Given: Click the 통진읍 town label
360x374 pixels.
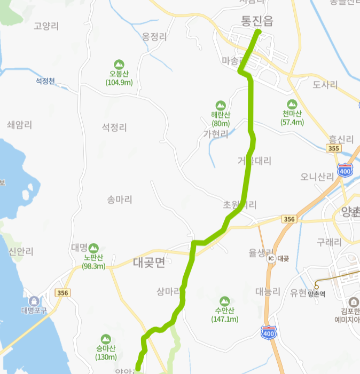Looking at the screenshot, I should [257, 21].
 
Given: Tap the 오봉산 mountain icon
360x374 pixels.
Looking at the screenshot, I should [119, 64].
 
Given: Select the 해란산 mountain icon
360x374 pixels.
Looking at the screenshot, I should [220, 105].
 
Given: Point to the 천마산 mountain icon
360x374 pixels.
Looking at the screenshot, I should [292, 104].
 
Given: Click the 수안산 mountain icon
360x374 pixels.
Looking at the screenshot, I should [224, 301].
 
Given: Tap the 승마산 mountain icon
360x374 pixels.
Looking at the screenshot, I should [106, 339].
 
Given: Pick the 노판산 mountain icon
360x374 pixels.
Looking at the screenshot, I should [94, 248].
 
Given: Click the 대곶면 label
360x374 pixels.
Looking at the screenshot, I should [149, 262].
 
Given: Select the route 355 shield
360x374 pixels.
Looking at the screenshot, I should [334, 148].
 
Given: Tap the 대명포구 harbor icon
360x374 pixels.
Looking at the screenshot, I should [35, 301].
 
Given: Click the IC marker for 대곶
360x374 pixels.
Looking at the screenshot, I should [271, 258].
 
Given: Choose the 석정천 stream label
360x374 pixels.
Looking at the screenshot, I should [45, 81].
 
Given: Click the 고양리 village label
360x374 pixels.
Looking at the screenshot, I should [45, 26].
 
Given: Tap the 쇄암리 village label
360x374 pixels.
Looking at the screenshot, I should [20, 124].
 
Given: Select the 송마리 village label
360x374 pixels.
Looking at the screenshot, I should [119, 200].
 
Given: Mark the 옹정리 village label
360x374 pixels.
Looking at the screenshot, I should [155, 37].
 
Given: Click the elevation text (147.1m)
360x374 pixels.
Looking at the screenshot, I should [224, 319].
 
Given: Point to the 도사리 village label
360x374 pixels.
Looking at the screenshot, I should [325, 85].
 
